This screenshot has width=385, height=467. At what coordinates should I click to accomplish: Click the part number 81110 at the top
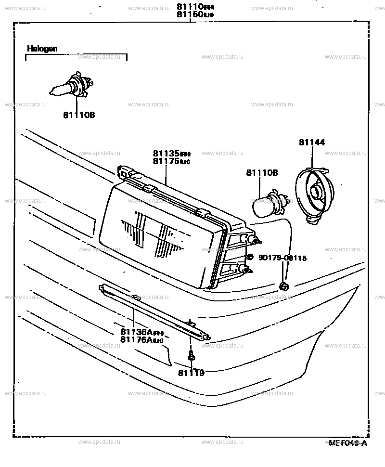[189, 7]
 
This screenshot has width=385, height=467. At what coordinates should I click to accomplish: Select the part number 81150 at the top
[189, 14]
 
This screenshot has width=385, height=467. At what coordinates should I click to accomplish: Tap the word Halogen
[42, 49]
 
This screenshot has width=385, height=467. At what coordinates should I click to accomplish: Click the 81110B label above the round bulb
[262, 172]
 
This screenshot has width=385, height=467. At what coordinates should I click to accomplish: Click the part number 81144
[312, 142]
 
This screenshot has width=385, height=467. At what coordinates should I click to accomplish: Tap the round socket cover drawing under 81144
[314, 194]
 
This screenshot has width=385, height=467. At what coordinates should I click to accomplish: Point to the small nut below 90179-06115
[284, 287]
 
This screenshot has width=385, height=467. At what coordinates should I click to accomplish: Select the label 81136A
[137, 332]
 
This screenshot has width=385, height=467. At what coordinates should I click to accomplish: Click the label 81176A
[137, 340]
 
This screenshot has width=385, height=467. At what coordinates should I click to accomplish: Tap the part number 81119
[191, 373]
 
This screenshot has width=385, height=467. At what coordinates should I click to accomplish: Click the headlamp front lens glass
[154, 236]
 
